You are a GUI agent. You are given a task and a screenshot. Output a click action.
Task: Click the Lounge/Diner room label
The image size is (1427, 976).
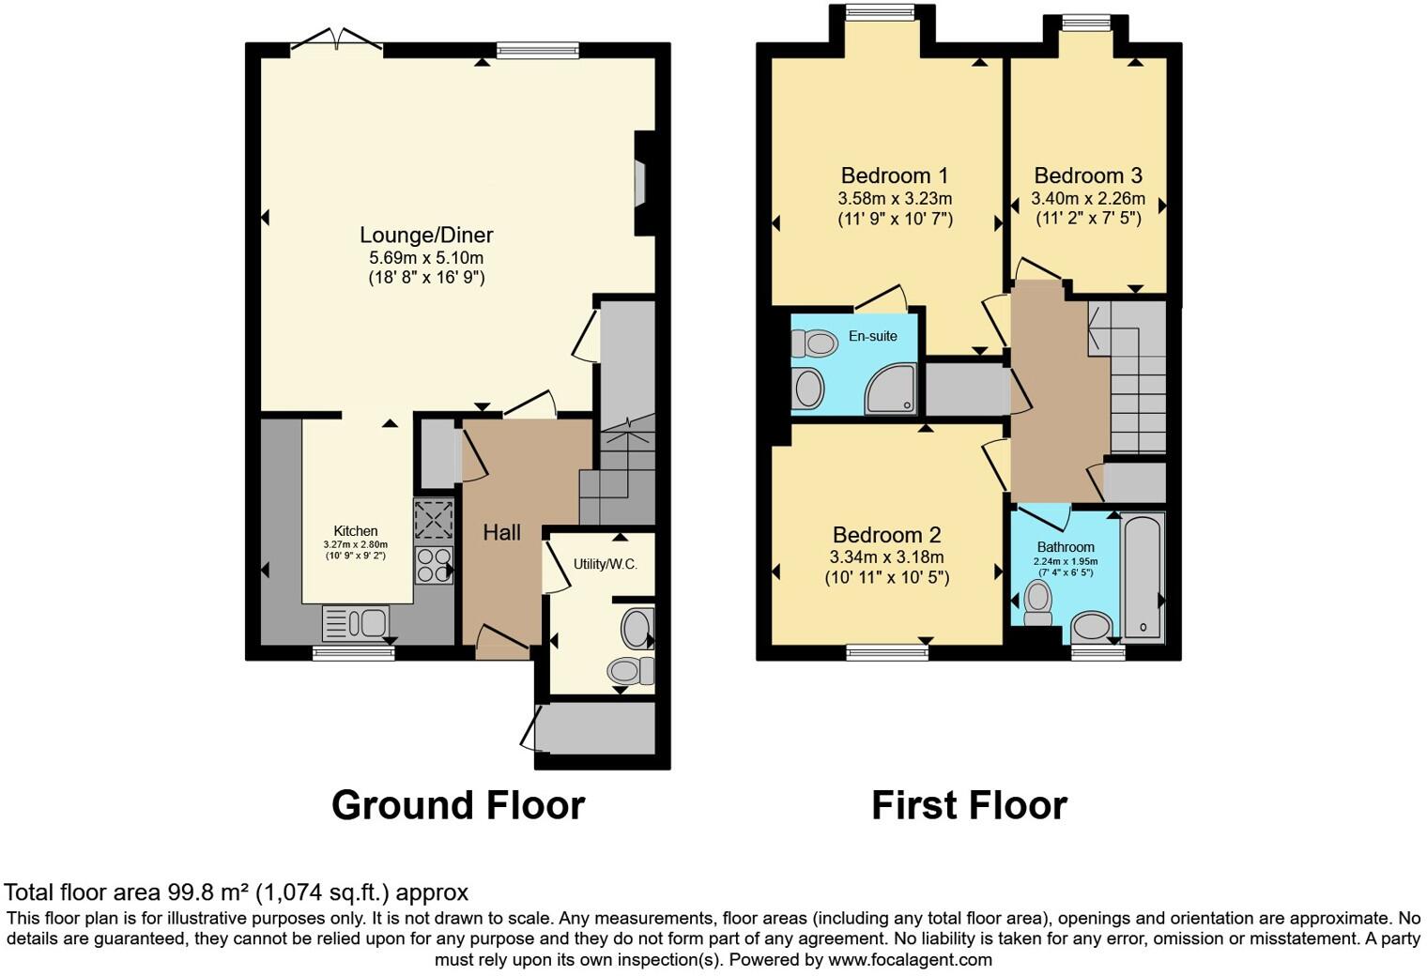(426, 235)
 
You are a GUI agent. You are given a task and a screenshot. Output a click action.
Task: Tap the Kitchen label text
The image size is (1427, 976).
(356, 531)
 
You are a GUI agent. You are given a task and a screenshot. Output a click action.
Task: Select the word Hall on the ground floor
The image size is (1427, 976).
(501, 533)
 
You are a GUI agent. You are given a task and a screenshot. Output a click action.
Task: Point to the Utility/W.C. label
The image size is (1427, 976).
(605, 564)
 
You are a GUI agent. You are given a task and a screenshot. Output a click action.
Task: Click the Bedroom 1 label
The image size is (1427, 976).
(894, 175)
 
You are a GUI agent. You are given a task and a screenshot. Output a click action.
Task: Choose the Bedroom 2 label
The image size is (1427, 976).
(886, 535)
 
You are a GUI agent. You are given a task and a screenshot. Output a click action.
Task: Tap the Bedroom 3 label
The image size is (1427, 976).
(1087, 175)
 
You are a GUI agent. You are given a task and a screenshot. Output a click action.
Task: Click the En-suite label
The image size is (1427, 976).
(872, 336)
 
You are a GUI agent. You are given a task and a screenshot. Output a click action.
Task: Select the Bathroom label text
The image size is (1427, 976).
(1066, 547)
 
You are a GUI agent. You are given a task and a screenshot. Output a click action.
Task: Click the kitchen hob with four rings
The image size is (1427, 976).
(434, 565)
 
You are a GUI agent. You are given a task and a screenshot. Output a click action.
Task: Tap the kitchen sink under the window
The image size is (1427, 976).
(355, 622)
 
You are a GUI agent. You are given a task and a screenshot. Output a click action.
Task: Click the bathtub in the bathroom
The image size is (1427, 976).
(1143, 577)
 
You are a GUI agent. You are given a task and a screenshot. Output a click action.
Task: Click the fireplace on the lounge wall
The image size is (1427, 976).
(641, 182)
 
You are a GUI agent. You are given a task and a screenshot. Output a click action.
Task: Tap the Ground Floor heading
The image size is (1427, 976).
(458, 805)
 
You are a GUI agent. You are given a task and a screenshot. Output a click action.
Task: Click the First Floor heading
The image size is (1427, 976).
(969, 805)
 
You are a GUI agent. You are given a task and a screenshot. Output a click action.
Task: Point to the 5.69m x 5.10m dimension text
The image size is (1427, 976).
(426, 257)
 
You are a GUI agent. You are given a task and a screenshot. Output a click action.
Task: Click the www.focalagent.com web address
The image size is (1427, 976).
(910, 959)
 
